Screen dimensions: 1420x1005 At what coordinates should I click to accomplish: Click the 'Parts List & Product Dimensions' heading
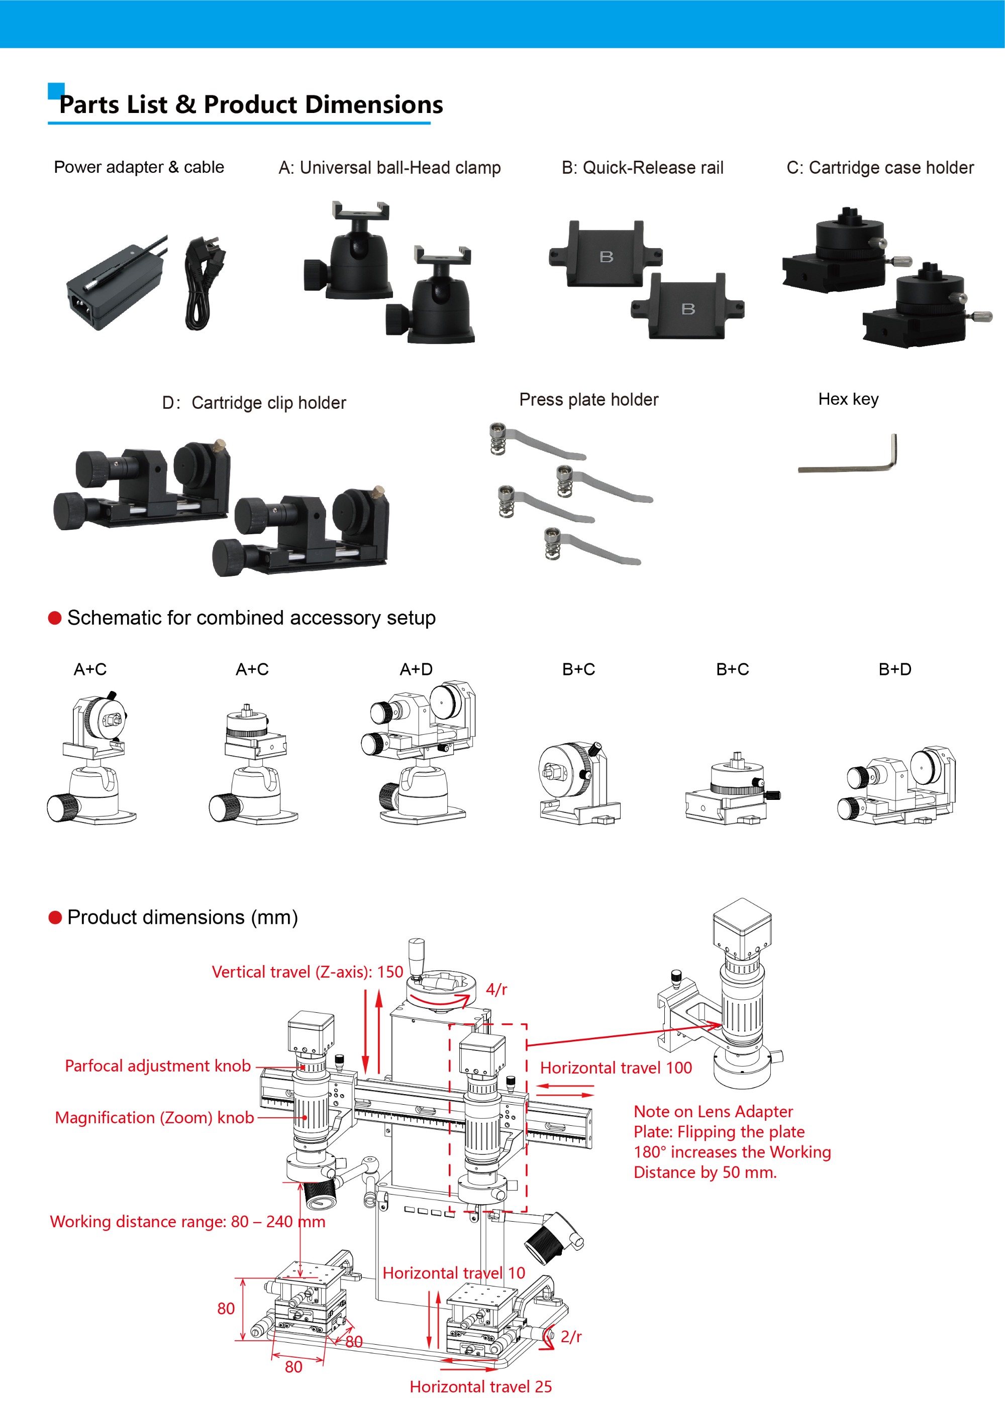pos(251,104)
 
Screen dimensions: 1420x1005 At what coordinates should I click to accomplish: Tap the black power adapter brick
pos(115,286)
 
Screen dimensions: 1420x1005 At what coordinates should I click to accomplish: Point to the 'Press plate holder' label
pos(588,400)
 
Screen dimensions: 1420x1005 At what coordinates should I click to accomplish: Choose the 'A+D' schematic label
pos(416,669)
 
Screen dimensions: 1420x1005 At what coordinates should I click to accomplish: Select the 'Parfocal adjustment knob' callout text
pos(158,1066)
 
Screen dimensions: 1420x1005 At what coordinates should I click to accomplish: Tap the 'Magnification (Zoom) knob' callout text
pos(154,1118)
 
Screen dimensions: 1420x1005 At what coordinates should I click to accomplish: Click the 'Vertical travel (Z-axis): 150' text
pos(307,972)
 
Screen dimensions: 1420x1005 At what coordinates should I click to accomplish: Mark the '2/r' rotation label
pos(570,1337)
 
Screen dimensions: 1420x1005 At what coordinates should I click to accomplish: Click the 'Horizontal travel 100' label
pos(616,1068)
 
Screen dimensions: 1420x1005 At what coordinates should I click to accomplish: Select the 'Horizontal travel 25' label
pos(480,1386)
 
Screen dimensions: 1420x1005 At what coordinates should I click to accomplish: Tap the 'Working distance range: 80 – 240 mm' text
pos(187,1222)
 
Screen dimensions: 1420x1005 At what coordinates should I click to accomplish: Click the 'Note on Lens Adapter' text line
pos(713,1111)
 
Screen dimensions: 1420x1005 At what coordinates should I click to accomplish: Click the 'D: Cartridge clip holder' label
pos(254,403)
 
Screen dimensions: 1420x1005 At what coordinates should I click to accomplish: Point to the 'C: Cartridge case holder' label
pos(879,168)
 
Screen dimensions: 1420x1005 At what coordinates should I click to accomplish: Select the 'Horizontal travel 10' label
pos(454,1273)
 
